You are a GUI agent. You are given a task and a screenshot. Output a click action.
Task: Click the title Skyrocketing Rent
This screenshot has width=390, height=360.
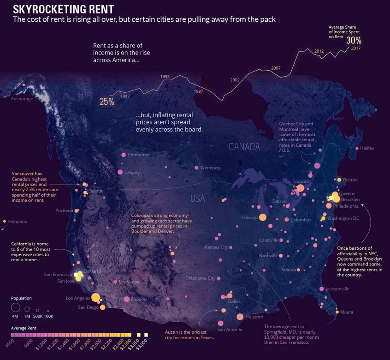pos(63,9)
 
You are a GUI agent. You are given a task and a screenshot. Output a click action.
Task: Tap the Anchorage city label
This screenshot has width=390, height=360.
pos(22,98)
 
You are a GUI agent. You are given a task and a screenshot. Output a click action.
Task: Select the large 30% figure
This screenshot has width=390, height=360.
pos(354,40)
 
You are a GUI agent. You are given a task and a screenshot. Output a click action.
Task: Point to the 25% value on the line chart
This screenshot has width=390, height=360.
pos(106,102)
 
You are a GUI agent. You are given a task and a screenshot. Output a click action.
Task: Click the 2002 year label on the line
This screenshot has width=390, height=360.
pos(235,80)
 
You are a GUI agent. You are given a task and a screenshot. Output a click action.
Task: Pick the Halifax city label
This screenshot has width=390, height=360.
pos(367,148)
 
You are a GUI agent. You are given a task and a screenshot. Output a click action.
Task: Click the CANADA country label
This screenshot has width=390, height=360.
pos(245,147)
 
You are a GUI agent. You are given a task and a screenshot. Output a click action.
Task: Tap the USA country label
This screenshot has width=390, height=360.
pos(197,198)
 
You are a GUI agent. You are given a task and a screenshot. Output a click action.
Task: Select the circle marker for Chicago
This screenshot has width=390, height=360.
pos(263,217)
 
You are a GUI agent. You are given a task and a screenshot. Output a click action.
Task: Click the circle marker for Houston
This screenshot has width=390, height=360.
pos(240,317)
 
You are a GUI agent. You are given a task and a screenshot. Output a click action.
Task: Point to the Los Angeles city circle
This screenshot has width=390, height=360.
pos(96,297)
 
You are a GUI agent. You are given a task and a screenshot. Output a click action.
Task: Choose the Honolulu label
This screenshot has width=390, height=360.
pos(18,222)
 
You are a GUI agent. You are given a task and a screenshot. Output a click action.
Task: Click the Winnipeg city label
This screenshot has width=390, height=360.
pos(210,168)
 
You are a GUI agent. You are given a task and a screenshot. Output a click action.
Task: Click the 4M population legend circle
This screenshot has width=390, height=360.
pos(14,308)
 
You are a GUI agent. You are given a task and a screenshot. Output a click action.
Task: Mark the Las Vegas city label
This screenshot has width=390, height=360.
pos(128,282)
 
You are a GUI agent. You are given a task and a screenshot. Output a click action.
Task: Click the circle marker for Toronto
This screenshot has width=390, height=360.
pos(300,188)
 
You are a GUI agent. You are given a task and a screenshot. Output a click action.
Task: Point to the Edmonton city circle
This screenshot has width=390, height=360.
pos(123,155)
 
